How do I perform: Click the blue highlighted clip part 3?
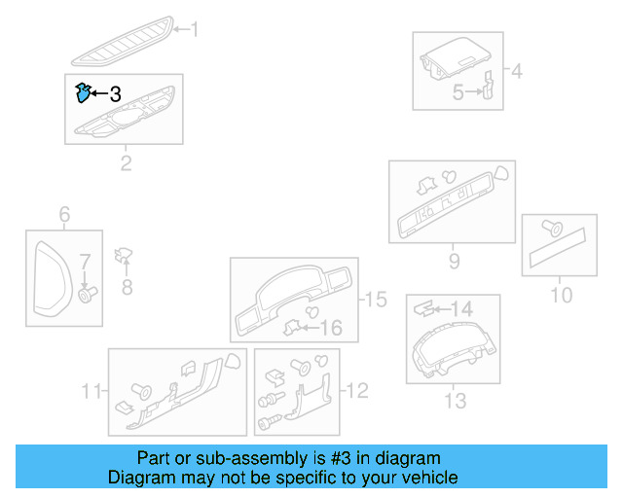84,93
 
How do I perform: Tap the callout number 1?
193,30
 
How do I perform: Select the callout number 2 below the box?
126,162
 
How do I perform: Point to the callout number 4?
516,71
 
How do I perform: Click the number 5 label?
458,92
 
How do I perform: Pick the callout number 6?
64,214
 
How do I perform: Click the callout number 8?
126,286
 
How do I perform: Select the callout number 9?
454,260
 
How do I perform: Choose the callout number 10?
562,294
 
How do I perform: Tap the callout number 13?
455,400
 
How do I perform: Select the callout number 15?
375,300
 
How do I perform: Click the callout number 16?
331,328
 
